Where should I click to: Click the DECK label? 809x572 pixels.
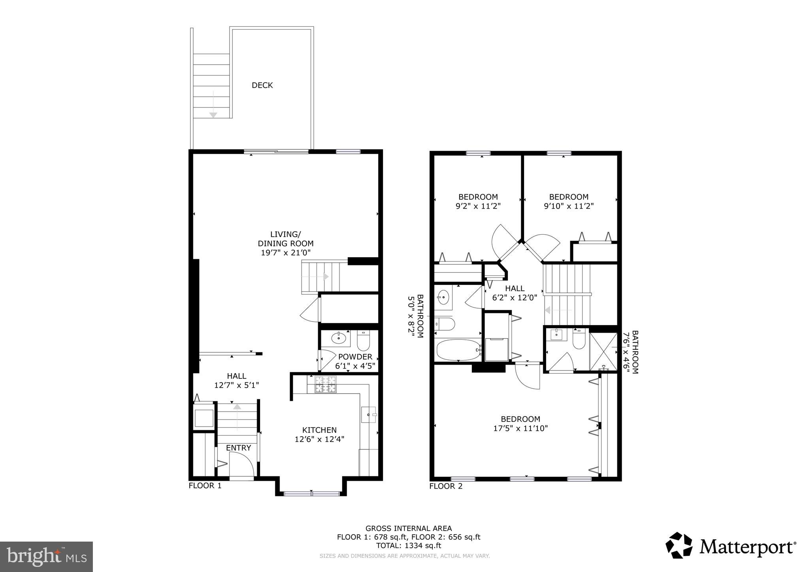pos(262,85)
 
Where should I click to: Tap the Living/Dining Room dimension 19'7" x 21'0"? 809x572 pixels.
pos(285,253)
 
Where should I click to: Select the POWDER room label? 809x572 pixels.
pos(355,357)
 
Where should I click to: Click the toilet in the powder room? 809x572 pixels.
pos(363,341)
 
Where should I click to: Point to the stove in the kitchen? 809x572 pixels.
pos(325,384)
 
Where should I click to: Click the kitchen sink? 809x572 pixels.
pos(369,415)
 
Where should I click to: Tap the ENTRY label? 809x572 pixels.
pos(238,448)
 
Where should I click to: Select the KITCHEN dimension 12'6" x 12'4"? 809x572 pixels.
pos(319,439)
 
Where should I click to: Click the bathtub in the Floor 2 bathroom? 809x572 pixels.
pos(458,350)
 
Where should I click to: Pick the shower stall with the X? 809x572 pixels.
pos(603,351)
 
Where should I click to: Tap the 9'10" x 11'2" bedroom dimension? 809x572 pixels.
pos(569,206)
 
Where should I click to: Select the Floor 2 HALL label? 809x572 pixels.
pos(515,289)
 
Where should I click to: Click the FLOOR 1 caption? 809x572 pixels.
pos(205,486)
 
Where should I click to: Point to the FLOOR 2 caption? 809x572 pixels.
pos(446,486)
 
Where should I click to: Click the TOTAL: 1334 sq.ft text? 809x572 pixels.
pos(408,546)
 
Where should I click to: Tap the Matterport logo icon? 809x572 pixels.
pos(679,546)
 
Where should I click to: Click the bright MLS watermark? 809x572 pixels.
pos(46,557)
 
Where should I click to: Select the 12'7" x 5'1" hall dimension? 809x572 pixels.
pos(236,385)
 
